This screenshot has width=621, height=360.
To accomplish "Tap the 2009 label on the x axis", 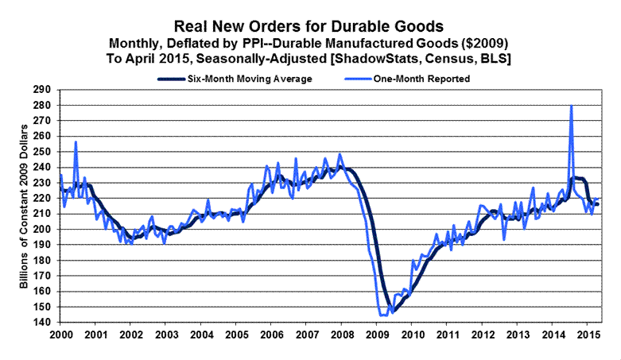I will pyautogui.click(x=378, y=332).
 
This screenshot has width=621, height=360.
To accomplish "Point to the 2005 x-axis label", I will pyautogui.click(x=237, y=332).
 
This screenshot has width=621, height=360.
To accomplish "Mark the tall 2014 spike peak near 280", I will pyautogui.click(x=572, y=106).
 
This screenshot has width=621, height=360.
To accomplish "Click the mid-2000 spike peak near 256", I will pyautogui.click(x=76, y=142).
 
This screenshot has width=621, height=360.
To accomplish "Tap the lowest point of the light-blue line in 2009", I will pyautogui.click(x=383, y=315).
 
